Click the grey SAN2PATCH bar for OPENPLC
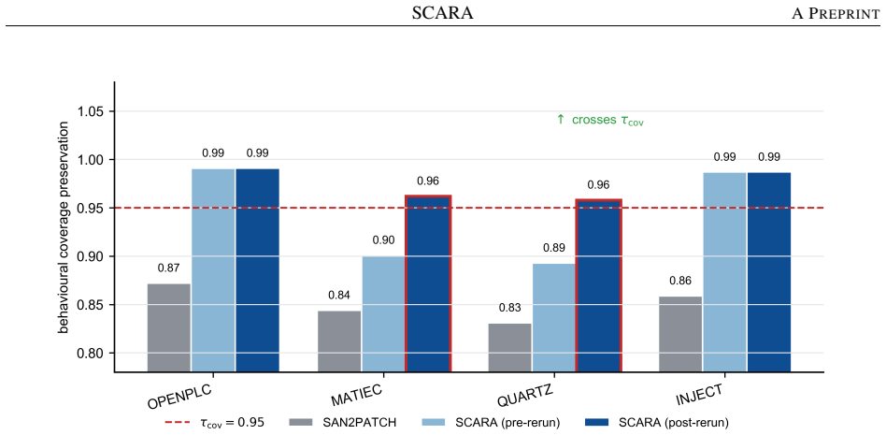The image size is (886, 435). (169, 327)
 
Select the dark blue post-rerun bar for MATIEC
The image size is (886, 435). (428, 283)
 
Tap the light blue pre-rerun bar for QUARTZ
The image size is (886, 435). (553, 317)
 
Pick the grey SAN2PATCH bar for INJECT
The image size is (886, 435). (680, 334)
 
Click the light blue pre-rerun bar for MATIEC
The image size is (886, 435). (384, 314)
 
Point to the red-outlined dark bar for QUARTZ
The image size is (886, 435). (598, 285)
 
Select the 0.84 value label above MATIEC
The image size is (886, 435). (339, 295)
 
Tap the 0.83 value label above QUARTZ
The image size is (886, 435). (509, 309)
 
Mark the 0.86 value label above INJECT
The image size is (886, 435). (680, 281)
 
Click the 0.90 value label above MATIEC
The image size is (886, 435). (384, 239)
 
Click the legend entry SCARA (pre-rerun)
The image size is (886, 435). (491, 422)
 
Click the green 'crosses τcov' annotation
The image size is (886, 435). (600, 120)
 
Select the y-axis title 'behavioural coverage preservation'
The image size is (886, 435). (64, 226)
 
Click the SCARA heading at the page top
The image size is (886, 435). (443, 13)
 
